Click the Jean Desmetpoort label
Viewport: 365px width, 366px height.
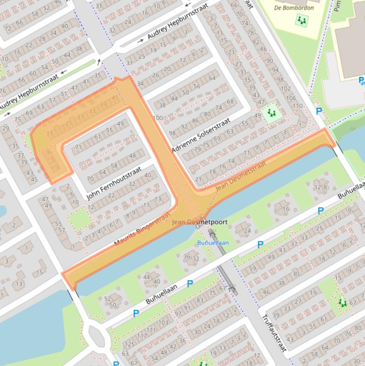click(200, 222)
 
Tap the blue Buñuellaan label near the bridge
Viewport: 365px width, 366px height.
click(213, 243)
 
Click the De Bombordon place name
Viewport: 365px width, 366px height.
click(294, 8)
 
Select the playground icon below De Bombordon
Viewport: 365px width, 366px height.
click(301, 20)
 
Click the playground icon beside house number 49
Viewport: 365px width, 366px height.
click(271, 113)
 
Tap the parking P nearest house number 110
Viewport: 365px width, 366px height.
click(319, 111)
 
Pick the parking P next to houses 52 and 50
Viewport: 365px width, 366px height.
click(136, 313)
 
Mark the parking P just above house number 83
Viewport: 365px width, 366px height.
click(190, 284)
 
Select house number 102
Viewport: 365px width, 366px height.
click(286, 88)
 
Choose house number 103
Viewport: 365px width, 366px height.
click(163, 322)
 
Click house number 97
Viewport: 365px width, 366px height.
click(178, 314)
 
